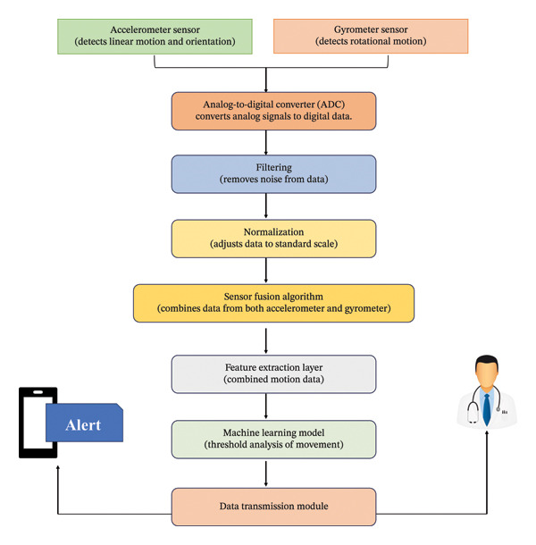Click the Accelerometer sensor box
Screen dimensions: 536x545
[x=155, y=37]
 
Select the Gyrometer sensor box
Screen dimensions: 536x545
[x=371, y=36]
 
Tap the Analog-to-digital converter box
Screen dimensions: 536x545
[x=273, y=111]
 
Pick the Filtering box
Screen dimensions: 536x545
[x=273, y=174]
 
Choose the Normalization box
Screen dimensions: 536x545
[x=273, y=239]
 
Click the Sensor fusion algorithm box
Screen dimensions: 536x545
[x=273, y=303]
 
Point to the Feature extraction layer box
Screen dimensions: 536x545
[x=273, y=374]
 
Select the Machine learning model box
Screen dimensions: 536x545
[x=273, y=440]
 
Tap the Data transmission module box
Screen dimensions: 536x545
[x=273, y=507]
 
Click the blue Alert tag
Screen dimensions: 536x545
[x=85, y=423]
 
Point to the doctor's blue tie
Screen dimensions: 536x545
[x=487, y=409]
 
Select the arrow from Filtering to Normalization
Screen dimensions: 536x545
[x=266, y=205]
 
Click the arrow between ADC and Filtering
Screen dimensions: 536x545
[x=266, y=143]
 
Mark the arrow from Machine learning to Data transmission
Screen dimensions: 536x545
[x=266, y=474]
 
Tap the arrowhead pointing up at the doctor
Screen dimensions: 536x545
[x=487, y=433]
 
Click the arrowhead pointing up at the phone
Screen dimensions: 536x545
[x=58, y=468]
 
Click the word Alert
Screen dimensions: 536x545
[x=83, y=425]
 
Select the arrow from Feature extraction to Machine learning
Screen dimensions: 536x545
[x=266, y=406]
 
